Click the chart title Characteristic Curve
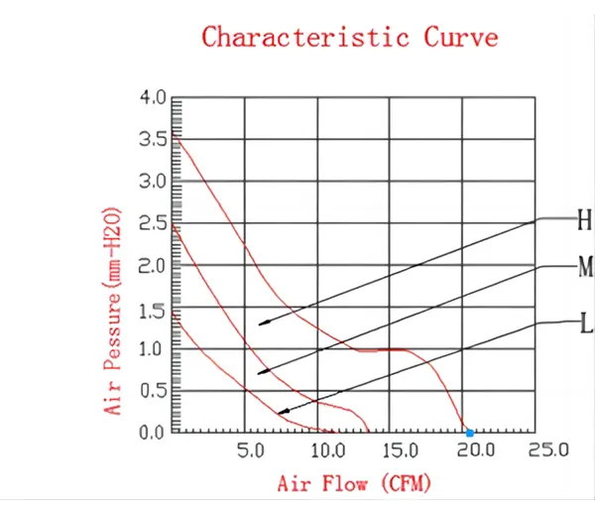350,38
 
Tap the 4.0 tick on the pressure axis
153,98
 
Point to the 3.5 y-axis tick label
153,140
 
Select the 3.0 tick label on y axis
153,182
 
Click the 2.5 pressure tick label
153,223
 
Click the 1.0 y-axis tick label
153,349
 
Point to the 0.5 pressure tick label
153,391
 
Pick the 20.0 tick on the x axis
473,451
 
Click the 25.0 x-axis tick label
546,451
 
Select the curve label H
584,220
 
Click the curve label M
585,267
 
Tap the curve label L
585,322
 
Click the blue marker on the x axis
470,433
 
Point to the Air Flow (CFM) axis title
337,484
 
